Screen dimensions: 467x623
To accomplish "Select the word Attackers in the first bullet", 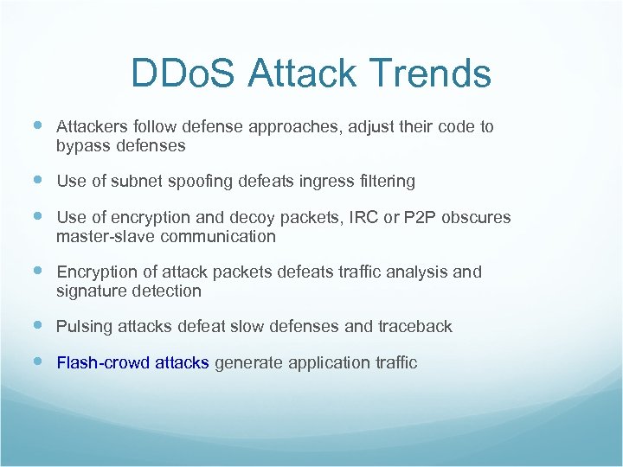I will point(90,127).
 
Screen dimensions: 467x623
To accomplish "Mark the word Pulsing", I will point(84,327).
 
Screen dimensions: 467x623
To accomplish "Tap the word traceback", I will point(415,327).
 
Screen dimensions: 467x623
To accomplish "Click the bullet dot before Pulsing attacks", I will point(35,326).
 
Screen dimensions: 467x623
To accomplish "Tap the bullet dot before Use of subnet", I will point(35,181).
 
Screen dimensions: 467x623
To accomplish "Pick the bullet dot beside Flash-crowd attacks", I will point(35,361).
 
